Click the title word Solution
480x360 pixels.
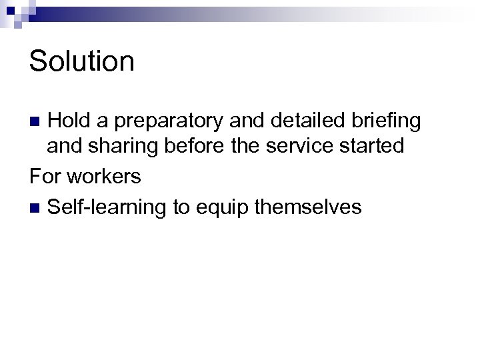pyautogui.click(x=82, y=61)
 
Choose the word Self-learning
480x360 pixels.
pyautogui.click(x=107, y=208)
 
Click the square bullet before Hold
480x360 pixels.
pyautogui.click(x=38, y=121)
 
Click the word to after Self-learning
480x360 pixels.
pyautogui.click(x=181, y=207)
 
